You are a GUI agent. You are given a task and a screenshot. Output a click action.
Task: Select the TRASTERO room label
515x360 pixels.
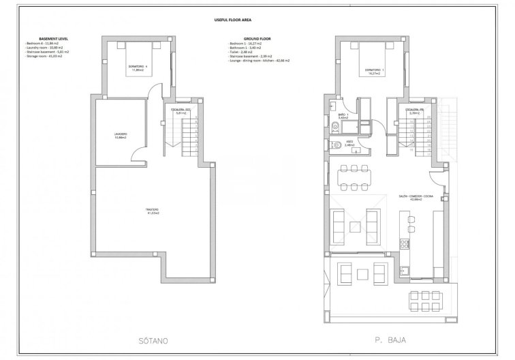click(x=152, y=211)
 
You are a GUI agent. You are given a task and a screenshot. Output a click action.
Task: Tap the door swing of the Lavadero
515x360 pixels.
click(x=138, y=156)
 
